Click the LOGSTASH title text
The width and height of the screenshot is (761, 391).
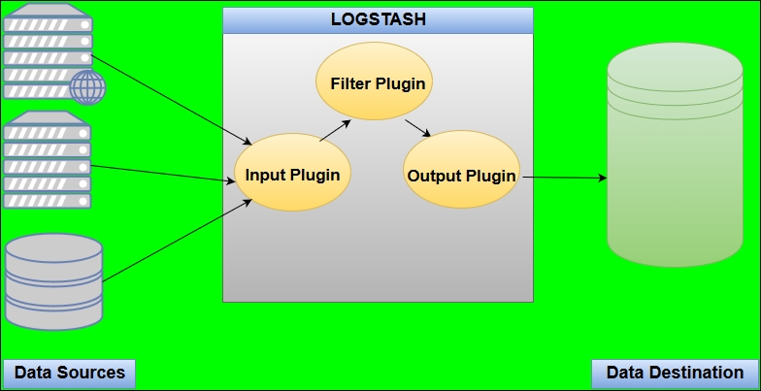(x=379, y=19)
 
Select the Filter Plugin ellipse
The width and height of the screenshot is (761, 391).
(x=375, y=81)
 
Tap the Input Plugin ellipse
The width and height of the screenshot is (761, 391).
(x=293, y=173)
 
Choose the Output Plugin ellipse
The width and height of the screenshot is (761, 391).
(x=462, y=169)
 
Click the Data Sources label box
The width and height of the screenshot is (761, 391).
(x=70, y=374)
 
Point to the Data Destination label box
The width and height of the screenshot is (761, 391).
(x=675, y=374)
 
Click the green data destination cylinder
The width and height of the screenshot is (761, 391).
(x=676, y=155)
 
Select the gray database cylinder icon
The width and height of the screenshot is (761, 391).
(x=54, y=281)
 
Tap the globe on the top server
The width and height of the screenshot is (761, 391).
(x=87, y=87)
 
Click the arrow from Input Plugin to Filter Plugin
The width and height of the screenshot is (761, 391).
(x=336, y=131)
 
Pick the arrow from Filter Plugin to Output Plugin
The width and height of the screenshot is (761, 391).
(x=417, y=128)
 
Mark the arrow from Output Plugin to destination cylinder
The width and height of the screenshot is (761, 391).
(x=565, y=178)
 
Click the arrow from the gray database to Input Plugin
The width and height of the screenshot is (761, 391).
(x=177, y=241)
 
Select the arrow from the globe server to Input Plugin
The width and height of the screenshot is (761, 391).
(x=171, y=101)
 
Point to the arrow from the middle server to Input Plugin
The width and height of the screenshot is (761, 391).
(x=163, y=174)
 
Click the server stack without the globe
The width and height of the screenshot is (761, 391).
(x=48, y=160)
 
